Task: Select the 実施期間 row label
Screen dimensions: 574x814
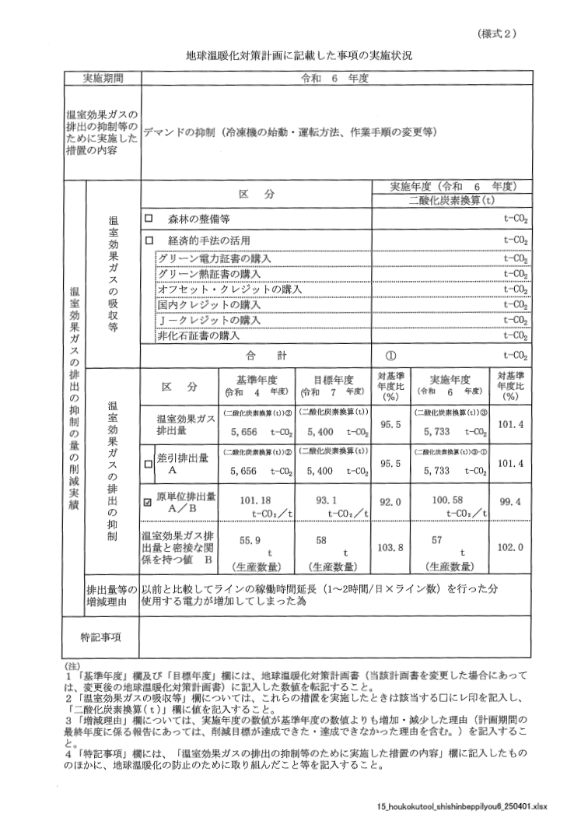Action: click(103, 79)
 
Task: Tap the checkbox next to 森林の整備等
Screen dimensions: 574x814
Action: click(147, 220)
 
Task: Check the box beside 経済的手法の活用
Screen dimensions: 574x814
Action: click(147, 240)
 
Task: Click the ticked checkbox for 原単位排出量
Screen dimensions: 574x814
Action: click(148, 502)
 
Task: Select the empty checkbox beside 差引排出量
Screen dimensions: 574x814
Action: click(148, 464)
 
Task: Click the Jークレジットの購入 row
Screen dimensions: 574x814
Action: click(209, 321)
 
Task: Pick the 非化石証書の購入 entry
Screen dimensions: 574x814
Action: click(198, 336)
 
